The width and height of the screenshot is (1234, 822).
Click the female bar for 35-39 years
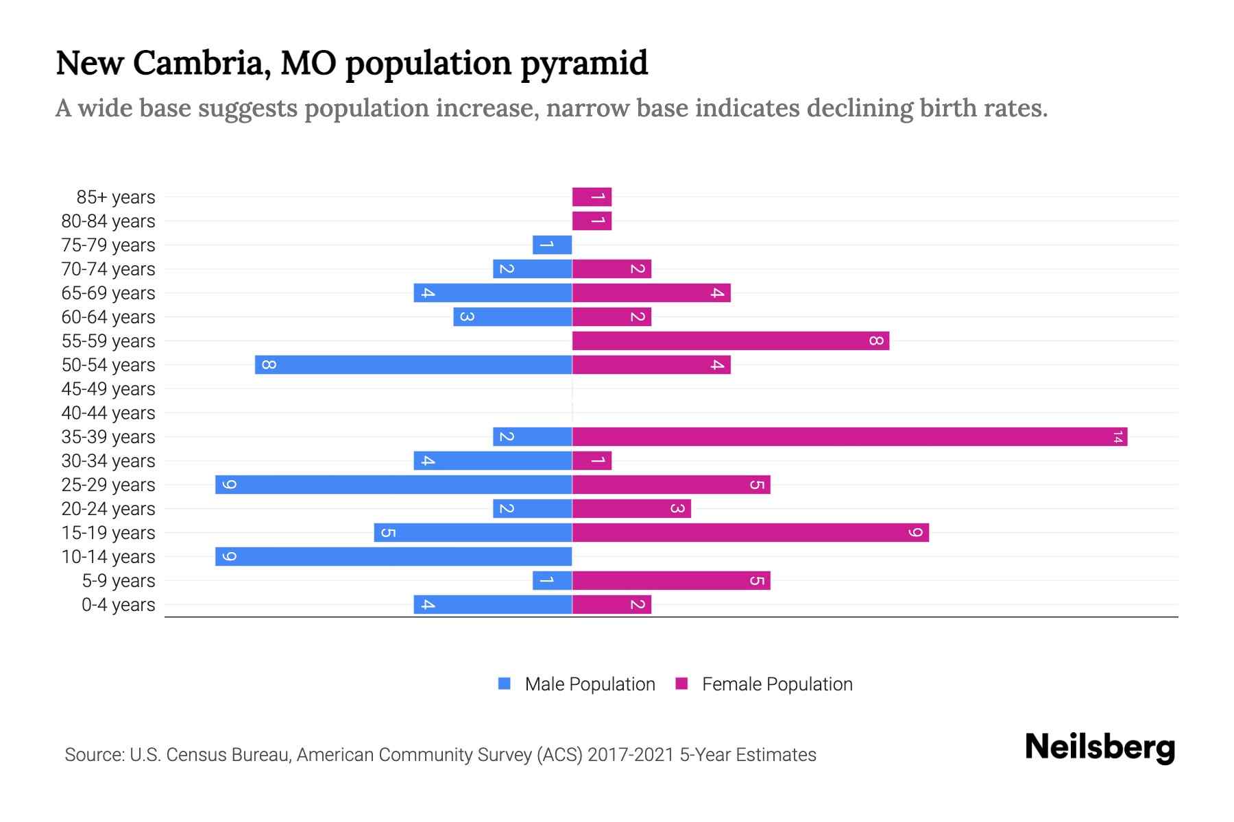click(849, 436)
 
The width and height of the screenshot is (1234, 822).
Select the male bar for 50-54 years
click(413, 364)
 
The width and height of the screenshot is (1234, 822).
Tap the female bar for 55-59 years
click(731, 340)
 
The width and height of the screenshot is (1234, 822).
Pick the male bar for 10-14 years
click(394, 556)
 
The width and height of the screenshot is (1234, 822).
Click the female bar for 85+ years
click(592, 197)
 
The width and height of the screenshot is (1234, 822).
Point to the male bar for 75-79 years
click(552, 245)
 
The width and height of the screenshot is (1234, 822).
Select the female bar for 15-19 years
click(751, 532)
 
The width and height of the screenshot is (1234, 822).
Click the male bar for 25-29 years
click(394, 484)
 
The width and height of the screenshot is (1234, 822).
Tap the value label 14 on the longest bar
click(1117, 436)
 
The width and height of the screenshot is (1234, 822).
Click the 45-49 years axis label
click(108, 389)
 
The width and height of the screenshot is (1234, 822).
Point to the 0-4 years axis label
click(118, 605)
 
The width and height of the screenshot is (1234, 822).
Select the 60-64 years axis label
click(108, 317)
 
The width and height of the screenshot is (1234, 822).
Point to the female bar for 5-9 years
click(671, 580)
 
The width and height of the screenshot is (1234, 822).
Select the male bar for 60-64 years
click(512, 316)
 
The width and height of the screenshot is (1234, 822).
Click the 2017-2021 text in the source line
click(630, 755)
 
